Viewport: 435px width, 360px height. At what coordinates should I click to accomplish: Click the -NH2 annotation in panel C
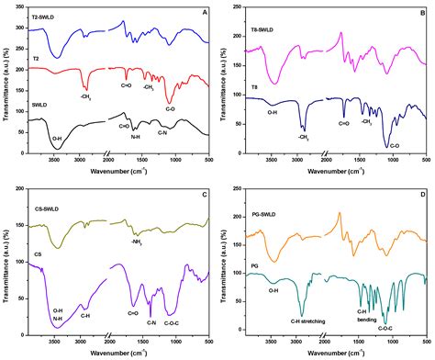pyautogui.click(x=140, y=242)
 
